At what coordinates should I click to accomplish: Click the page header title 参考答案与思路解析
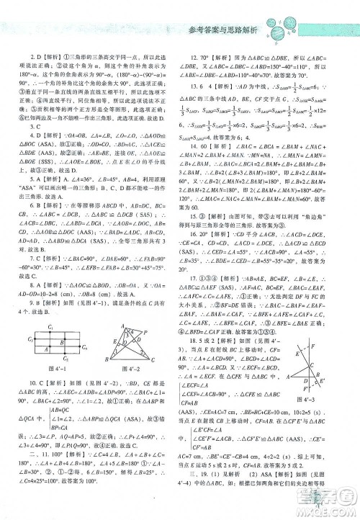[224, 31]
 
